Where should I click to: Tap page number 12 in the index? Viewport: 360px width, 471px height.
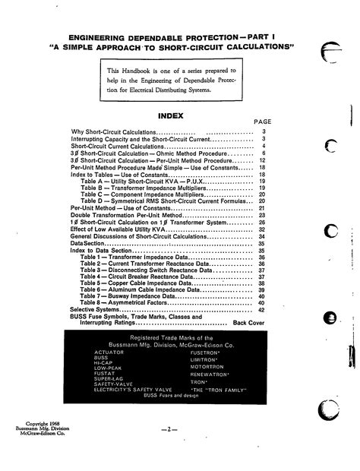click(261, 161)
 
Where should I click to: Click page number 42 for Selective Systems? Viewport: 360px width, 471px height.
click(261, 310)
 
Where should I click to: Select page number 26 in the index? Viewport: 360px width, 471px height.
click(261, 222)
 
